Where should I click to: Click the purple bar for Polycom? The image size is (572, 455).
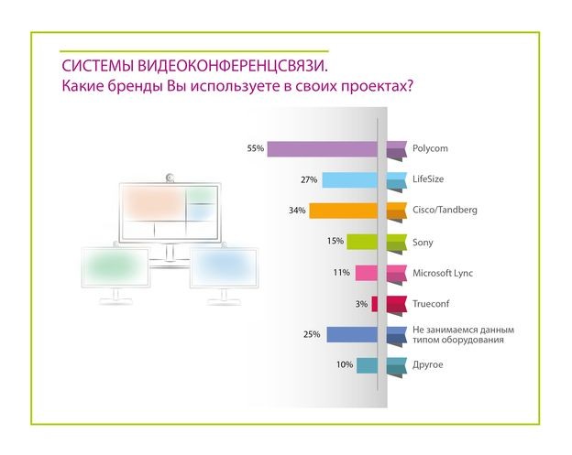pos(322,149)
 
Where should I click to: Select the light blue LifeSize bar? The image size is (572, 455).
pos(349,180)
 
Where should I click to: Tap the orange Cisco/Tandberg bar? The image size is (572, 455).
pos(343,211)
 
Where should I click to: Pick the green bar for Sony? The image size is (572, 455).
pos(362,242)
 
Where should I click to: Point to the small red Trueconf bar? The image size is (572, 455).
pos(375,304)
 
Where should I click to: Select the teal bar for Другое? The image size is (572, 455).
pos(368,365)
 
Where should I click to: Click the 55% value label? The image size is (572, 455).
pos(256,148)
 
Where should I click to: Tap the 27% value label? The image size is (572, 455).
pos(309,179)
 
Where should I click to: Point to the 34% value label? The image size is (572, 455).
pos(296,211)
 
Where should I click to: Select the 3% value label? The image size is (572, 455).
pos(361,303)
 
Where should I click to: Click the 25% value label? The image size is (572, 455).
pos(312,334)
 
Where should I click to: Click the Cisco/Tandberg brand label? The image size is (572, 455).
pos(445,210)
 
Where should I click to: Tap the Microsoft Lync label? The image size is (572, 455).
pos(444,272)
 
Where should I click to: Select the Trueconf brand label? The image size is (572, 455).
pos(433,303)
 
